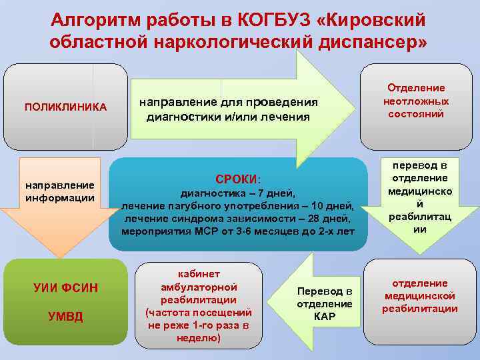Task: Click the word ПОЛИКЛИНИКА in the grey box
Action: pyautogui.click(x=65, y=107)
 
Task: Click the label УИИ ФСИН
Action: pyautogui.click(x=65, y=288)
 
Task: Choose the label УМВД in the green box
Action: pyautogui.click(x=65, y=316)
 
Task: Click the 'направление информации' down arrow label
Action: pyautogui.click(x=60, y=190)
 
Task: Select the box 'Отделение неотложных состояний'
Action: pyautogui.click(x=416, y=101)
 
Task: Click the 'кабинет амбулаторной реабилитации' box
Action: pyautogui.click(x=199, y=305)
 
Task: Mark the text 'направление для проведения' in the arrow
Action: pyautogui.click(x=229, y=103)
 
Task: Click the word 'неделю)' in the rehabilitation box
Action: pyautogui.click(x=199, y=337)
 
